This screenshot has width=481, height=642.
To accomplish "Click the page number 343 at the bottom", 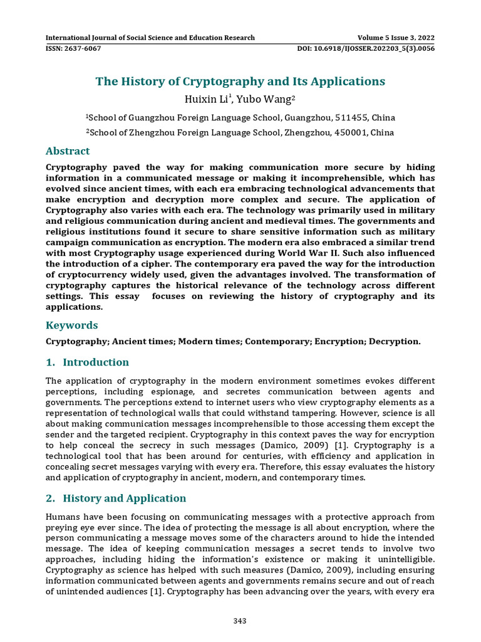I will pyautogui.click(x=240, y=621).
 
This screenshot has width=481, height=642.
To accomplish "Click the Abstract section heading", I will pyautogui.click(x=68, y=151).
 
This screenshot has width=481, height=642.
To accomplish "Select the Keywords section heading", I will pyautogui.click(x=72, y=325).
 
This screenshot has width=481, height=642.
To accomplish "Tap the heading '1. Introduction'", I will pyautogui.click(x=88, y=362).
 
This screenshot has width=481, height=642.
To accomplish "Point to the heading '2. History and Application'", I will pyautogui.click(x=116, y=498).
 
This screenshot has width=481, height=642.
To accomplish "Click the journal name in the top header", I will pyautogui.click(x=150, y=37).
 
